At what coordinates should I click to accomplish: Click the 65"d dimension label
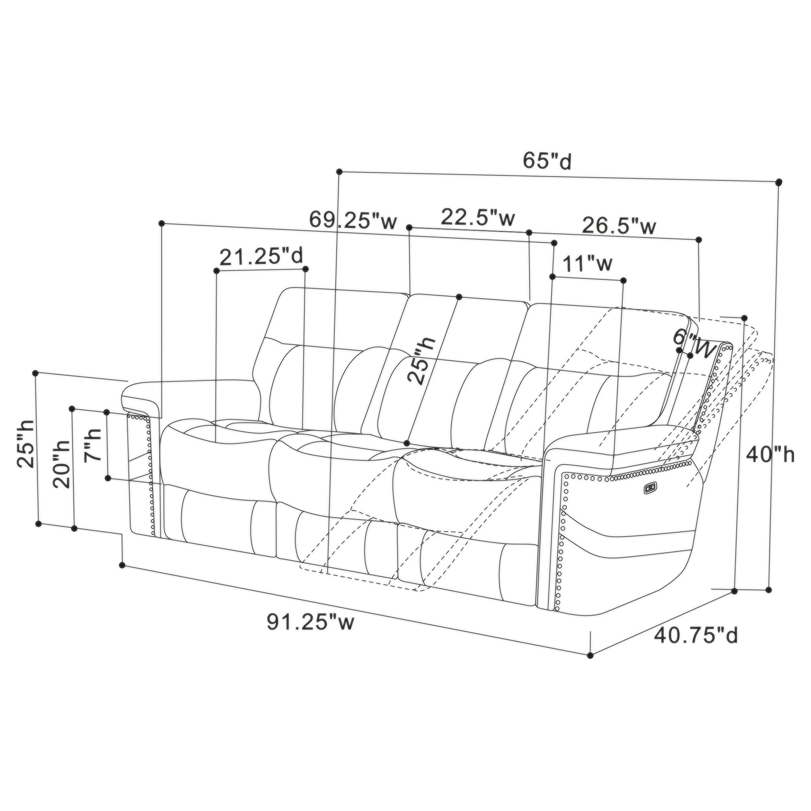547,161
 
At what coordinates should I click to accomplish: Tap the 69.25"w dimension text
353,220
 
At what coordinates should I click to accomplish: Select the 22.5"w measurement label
478,217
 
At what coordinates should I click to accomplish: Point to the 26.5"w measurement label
619,227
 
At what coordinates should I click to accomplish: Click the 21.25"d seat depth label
261,257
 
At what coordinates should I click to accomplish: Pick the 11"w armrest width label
587,264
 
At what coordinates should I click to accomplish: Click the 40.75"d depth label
696,635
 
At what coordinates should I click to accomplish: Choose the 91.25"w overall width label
311,622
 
